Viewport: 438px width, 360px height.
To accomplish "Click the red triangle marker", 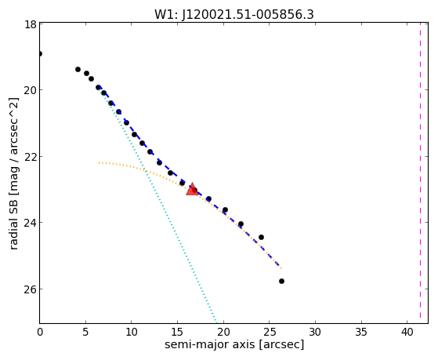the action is click(192, 189).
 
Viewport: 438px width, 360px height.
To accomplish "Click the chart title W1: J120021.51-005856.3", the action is click(234, 15).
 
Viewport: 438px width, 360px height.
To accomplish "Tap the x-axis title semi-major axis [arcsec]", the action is click(234, 344).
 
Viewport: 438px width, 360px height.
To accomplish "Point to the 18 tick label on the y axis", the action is click(31, 24).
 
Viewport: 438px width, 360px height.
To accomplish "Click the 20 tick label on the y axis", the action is click(31, 90).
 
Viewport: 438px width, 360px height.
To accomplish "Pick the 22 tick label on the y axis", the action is click(31, 156).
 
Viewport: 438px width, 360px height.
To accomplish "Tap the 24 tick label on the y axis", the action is click(31, 223).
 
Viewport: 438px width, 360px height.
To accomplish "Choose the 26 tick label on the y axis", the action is click(31, 289).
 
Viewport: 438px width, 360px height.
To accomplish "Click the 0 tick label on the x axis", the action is click(40, 332).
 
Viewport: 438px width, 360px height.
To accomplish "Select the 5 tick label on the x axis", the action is click(85, 332).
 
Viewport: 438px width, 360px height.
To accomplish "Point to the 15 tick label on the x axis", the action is click(177, 332).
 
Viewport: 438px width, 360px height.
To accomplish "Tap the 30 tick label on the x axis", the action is click(315, 332).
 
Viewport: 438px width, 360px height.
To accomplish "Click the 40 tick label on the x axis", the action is click(407, 332).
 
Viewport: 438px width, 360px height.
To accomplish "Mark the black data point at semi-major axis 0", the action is click(40, 53).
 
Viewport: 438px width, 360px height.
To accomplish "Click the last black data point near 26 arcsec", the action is click(281, 281).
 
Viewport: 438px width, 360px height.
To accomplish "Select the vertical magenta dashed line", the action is click(420, 173).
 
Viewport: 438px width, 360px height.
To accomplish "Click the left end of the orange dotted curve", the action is click(99, 162).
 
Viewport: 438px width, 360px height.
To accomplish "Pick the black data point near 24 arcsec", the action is click(261, 237).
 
